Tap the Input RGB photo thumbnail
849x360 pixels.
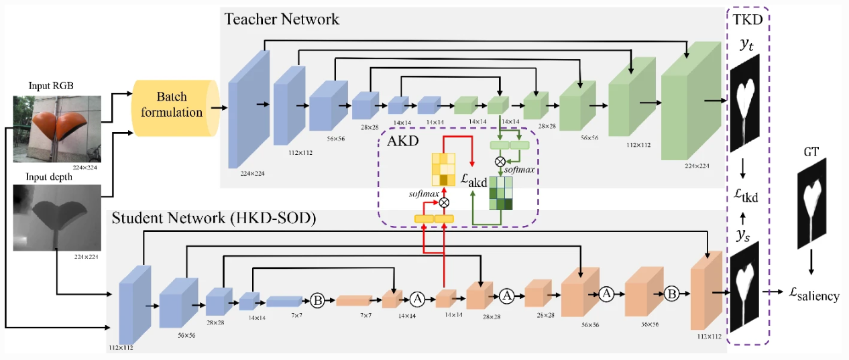56,128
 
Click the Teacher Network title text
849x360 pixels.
282,19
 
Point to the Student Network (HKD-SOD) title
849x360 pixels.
204,219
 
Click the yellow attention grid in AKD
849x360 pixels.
443,169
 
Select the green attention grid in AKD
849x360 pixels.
500,192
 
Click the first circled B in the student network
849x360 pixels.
318,300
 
